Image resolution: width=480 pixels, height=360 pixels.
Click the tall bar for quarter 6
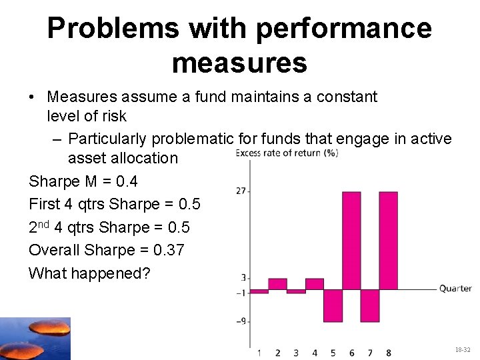click(x=351, y=240)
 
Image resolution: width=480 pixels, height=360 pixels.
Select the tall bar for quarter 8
click(x=388, y=240)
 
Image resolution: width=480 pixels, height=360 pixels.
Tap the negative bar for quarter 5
click(x=333, y=305)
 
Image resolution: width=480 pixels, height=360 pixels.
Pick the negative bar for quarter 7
click(x=370, y=305)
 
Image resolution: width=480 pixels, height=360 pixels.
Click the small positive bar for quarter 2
click(x=277, y=284)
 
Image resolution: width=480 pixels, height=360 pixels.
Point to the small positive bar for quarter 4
click(x=314, y=284)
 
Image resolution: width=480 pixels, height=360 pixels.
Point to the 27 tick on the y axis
click(x=241, y=191)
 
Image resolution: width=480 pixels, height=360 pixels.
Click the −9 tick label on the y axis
click(x=241, y=321)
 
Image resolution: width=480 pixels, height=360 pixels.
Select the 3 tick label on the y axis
click(x=243, y=278)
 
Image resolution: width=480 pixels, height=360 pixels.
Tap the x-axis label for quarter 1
click(x=259, y=352)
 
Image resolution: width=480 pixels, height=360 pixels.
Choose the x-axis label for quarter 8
click(x=388, y=352)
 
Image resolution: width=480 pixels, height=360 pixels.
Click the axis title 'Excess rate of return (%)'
click(x=287, y=153)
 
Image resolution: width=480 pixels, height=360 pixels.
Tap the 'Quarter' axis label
click(x=455, y=289)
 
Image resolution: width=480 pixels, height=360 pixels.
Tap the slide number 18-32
click(x=462, y=349)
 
